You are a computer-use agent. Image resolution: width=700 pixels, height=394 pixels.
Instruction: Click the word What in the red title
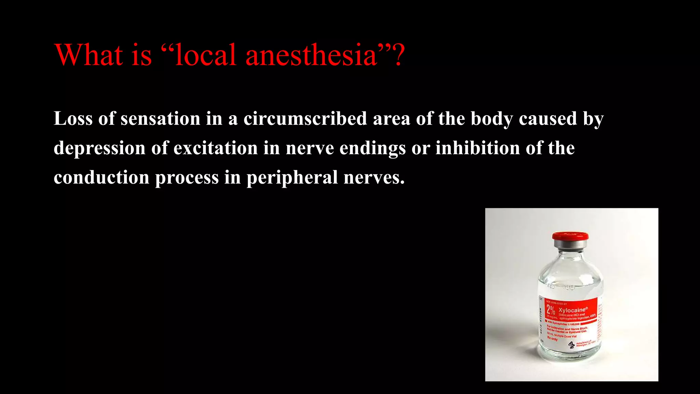[89, 55]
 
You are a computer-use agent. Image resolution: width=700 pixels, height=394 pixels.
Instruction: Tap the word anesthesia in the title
[311, 55]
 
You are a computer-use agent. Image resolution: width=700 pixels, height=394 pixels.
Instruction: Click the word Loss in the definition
[73, 119]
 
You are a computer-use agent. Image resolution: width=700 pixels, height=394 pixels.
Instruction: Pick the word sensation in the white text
[160, 119]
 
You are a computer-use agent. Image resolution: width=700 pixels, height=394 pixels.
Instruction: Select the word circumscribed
[305, 119]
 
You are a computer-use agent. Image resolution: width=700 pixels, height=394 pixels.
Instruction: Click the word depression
[99, 148]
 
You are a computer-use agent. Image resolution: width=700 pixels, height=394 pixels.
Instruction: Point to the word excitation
[215, 148]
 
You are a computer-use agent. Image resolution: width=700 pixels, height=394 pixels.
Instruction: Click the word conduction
[102, 178]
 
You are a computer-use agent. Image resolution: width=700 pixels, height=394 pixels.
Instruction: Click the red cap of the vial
[570, 236]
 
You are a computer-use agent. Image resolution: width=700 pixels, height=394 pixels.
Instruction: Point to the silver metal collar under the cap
[570, 244]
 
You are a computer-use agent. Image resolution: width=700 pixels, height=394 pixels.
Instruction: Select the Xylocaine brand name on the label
[573, 310]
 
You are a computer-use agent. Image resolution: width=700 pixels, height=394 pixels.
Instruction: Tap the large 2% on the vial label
[551, 310]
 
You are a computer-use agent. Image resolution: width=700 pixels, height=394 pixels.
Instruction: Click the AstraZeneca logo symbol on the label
[571, 344]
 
